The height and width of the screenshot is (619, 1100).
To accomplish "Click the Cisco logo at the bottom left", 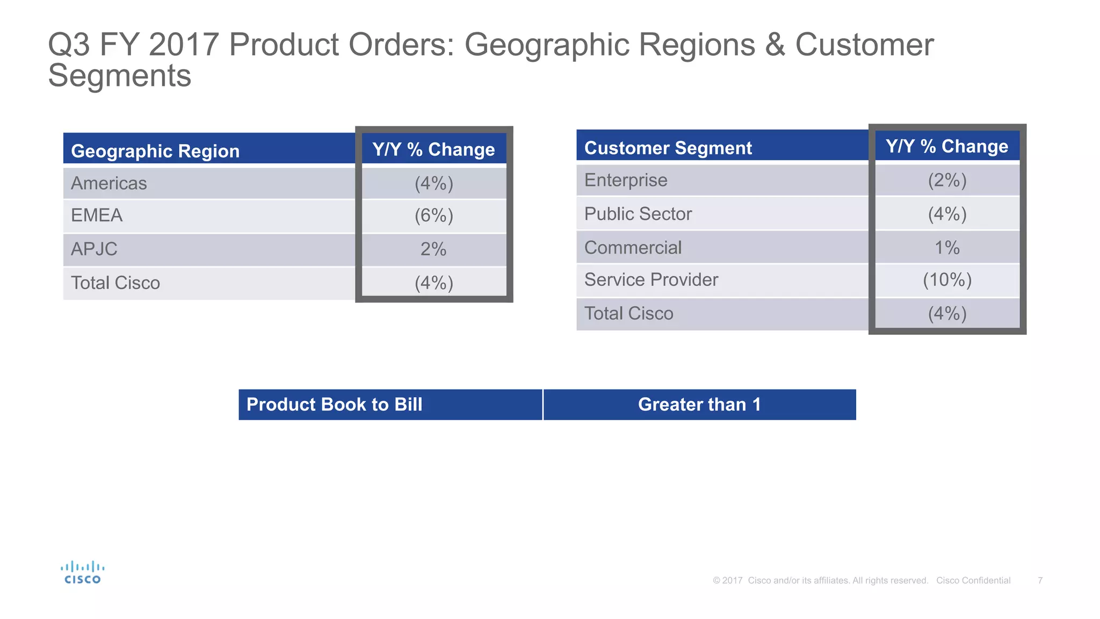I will coord(82,573).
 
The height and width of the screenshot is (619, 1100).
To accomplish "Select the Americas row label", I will coord(109,183).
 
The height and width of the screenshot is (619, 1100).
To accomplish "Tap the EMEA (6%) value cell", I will coord(434,215).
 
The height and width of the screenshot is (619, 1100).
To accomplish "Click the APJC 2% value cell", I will coord(433,249).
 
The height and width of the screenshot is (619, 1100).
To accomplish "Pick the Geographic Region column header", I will coord(155,151).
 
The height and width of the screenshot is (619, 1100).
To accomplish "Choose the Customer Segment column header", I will coord(668,148).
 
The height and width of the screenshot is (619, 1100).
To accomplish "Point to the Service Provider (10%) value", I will coord(947,280).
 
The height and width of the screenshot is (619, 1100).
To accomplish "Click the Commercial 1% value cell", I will coord(947,248).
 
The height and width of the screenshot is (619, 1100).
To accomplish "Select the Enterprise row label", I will coord(626,180).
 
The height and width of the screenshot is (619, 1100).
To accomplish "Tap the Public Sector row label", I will coord(638,214).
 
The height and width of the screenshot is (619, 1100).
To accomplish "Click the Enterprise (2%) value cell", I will coord(947,180).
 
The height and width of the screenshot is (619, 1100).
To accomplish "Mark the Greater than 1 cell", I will coord(699,405).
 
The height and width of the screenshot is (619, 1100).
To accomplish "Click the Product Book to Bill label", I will coord(334,405).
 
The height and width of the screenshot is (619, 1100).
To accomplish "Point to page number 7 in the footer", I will coord(1040,580).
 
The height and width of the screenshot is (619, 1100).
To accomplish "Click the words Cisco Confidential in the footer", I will coord(973,580).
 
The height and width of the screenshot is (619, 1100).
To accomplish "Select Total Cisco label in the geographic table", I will coord(115,283).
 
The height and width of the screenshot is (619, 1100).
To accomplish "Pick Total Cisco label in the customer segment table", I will coord(628,313).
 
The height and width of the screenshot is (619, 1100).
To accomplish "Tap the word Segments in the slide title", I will coord(120,76).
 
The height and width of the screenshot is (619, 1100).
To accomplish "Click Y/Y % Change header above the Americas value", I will coord(433,149).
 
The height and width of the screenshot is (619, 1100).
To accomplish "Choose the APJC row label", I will coord(94,249).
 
